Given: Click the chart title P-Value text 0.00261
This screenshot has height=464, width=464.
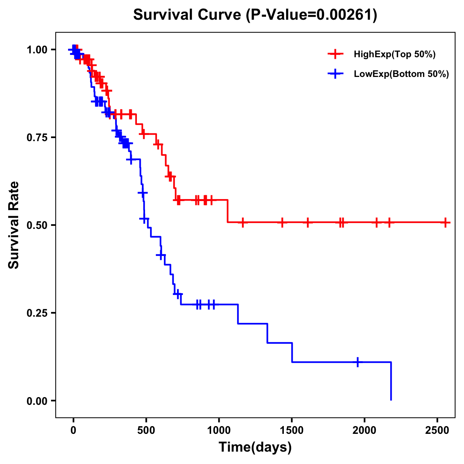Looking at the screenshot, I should (x=345, y=15).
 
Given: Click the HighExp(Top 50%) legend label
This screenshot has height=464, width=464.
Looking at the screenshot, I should (x=394, y=55).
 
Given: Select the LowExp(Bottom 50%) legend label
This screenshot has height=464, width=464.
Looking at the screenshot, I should (x=401, y=74).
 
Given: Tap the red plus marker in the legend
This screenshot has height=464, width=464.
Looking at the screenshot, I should (x=335, y=55).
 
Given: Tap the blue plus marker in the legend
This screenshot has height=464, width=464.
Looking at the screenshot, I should (x=335, y=74).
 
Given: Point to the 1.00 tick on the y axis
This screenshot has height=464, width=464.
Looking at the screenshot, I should (x=37, y=50).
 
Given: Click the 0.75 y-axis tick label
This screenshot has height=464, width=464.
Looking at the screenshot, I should (x=37, y=138).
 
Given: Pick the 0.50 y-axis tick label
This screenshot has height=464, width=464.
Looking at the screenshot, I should (x=37, y=225).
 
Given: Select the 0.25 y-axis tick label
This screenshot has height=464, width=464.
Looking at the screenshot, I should (x=37, y=313).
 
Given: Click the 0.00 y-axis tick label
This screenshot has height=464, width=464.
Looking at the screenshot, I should (x=37, y=401).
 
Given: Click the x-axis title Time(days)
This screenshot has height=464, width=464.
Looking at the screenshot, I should (x=255, y=447).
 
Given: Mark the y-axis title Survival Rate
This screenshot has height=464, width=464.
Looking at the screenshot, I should (x=14, y=225).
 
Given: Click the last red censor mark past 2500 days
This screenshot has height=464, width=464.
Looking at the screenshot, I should (x=445, y=223).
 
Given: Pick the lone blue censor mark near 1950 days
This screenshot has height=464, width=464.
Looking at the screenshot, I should (x=358, y=362).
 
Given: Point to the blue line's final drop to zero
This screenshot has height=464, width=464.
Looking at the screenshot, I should (x=391, y=381).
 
